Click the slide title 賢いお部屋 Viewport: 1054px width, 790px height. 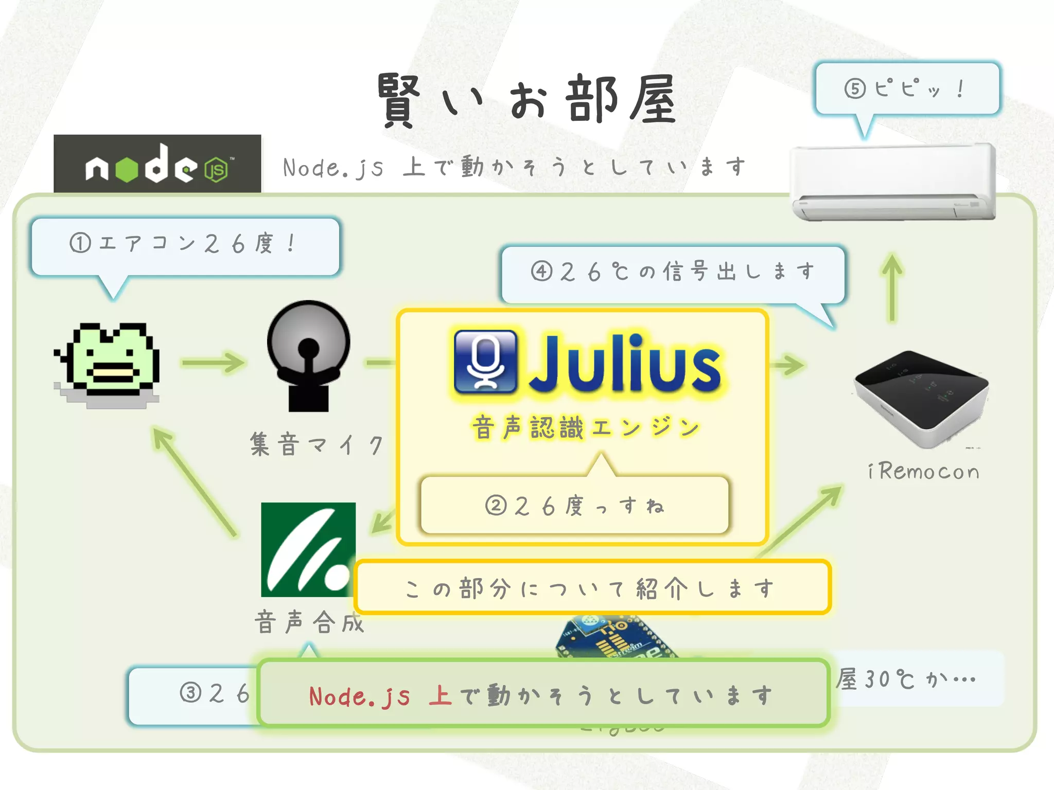pyautogui.click(x=526, y=100)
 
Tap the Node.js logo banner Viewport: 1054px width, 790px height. pyautogui.click(x=157, y=165)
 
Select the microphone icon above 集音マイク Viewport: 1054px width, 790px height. pyautogui.click(x=308, y=355)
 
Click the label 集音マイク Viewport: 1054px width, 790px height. pyautogui.click(x=317, y=444)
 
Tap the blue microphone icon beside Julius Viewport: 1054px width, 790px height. pyautogui.click(x=485, y=361)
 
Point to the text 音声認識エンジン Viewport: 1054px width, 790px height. pyautogui.click(x=586, y=428)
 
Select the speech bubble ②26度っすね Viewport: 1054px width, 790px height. pyautogui.click(x=574, y=505)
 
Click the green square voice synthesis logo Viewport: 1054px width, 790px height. pyautogui.click(x=308, y=549)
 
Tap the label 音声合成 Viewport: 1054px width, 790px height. pyautogui.click(x=309, y=622)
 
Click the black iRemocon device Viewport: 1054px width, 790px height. pyautogui.click(x=922, y=397)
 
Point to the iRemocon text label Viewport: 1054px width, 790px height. pyautogui.click(x=923, y=472)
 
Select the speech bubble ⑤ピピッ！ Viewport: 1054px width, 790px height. pyautogui.click(x=907, y=88)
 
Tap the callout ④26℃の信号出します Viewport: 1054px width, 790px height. pyautogui.click(x=673, y=272)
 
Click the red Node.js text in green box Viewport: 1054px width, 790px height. pyautogui.click(x=360, y=696)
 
